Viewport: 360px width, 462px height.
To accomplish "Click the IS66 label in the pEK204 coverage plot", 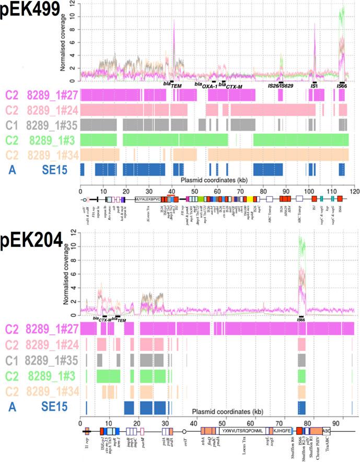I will [300, 319].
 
